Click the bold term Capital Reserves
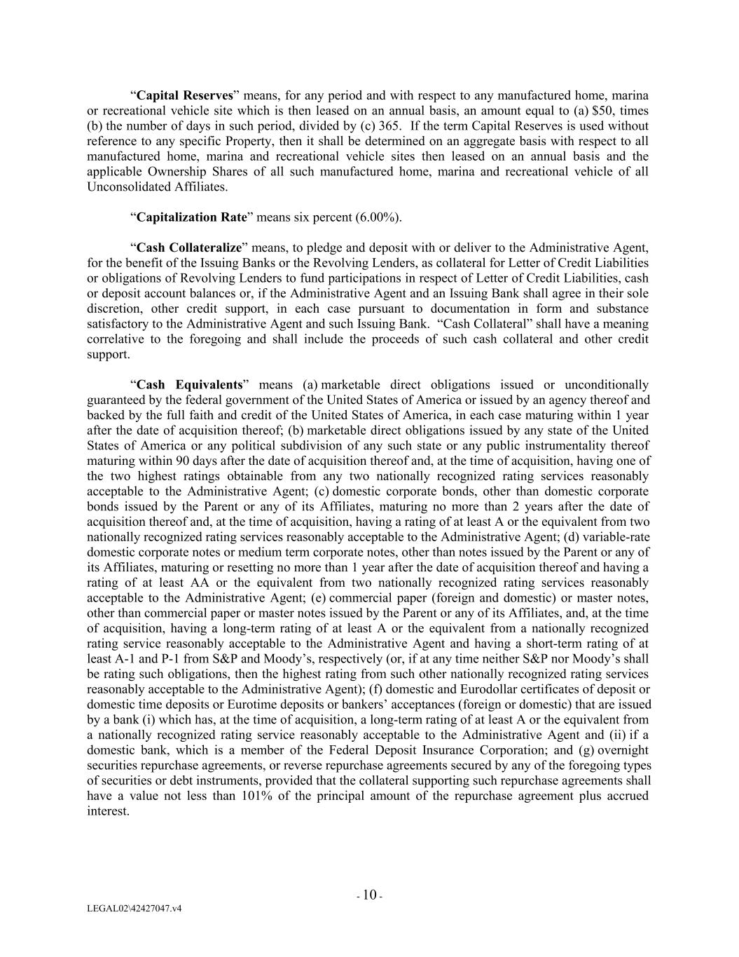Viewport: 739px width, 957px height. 184,95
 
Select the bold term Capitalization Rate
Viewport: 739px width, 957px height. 191,217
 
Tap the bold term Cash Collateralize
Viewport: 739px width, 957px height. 188,247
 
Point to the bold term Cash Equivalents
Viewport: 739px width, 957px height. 189,385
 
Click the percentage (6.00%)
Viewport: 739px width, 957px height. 378,217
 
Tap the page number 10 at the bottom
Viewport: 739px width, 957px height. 369,895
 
